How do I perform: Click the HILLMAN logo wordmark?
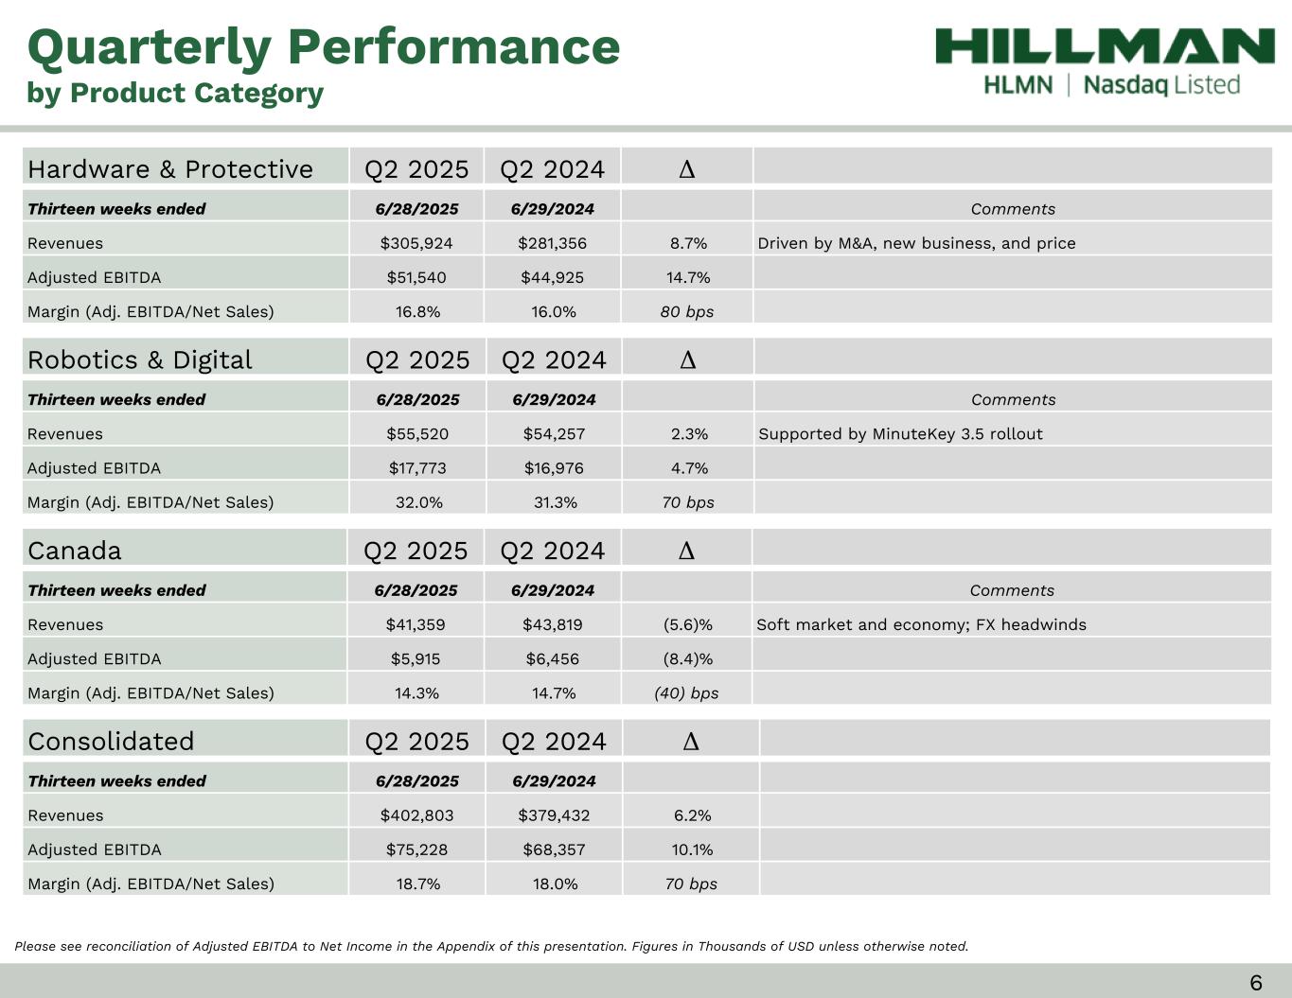1105,45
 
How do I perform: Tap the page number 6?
1256,983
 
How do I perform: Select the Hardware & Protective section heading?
170,169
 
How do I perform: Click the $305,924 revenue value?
416,243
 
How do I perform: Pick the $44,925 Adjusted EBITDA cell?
553,277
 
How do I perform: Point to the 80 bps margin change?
687,311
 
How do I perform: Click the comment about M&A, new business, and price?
916,243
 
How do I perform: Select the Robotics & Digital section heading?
140,360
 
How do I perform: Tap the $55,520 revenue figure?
417,433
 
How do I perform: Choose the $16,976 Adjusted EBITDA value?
554,468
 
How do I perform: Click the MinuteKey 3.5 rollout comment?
900,433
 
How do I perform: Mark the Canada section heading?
75,551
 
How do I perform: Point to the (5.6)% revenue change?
688,624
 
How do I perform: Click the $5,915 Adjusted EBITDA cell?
416,658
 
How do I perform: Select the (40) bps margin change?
686,693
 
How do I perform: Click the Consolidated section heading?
111,742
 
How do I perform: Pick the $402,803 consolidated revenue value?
416,815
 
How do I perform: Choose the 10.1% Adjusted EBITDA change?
692,849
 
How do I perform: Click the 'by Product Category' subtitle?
175,93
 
